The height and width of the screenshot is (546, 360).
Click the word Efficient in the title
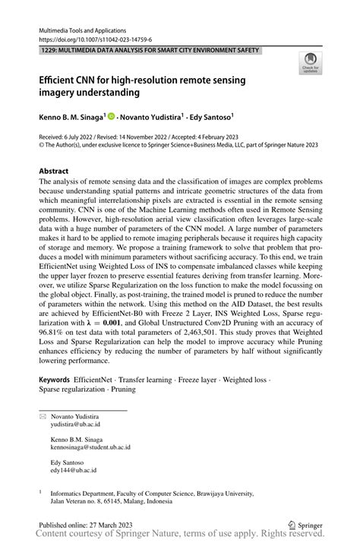pos(59,80)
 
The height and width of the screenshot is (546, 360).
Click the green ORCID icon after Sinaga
pos(112,117)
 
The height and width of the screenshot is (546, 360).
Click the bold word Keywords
pos(54,378)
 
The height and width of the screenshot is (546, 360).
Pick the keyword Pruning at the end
pos(122,389)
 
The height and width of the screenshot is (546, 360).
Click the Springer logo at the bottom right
pos(304,523)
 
